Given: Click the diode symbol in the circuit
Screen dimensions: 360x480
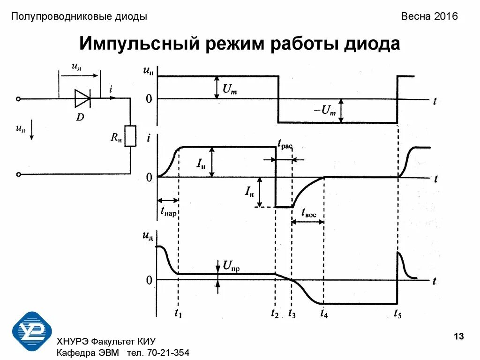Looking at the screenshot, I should coord(82,98).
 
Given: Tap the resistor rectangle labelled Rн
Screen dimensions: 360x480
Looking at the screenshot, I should coord(130,136).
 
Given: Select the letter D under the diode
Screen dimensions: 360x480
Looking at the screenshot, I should coord(80,117).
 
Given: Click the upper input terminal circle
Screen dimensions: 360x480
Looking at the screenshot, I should coord(18,99).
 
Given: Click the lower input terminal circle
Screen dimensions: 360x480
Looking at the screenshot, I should coord(18,174).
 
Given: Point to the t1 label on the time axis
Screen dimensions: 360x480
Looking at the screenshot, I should coord(178,314).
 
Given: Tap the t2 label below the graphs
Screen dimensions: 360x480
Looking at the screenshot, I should coord(275,314).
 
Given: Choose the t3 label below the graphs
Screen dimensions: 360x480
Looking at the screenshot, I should coord(292,314).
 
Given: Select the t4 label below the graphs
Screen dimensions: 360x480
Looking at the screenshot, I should coord(324,314).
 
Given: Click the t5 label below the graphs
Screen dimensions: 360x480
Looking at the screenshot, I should coord(397,314).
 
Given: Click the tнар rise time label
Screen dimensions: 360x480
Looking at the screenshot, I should coord(168,211).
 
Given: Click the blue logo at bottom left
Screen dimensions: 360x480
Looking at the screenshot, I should coord(32,332).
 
